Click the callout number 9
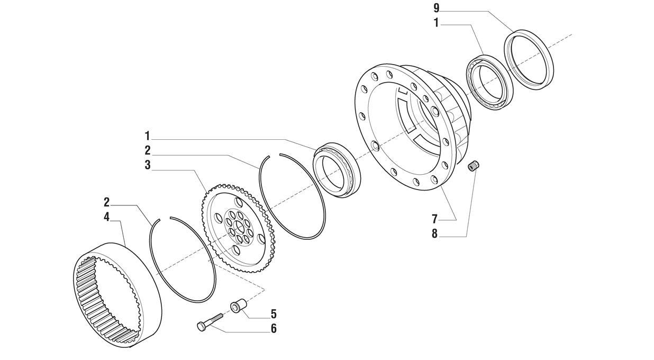click(436, 9)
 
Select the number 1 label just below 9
click(436, 23)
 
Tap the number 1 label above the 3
click(148, 136)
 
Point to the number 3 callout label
click(148, 165)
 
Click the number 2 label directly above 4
click(106, 202)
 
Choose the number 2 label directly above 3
click(148, 150)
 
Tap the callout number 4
click(106, 217)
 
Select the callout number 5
click(274, 314)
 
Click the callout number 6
click(274, 329)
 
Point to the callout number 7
click(434, 219)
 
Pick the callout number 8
click(434, 234)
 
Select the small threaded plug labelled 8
click(474, 166)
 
